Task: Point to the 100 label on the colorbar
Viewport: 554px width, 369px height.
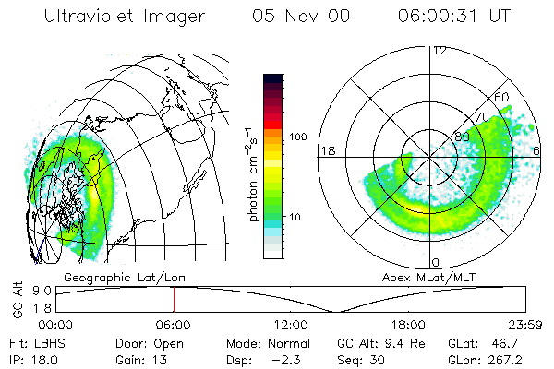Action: [297, 137]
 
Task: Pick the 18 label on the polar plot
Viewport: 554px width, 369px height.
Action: [327, 150]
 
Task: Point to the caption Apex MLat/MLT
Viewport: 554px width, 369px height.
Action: [424, 277]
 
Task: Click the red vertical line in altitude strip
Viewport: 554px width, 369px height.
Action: [174, 299]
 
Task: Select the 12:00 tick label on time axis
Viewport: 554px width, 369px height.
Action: [290, 325]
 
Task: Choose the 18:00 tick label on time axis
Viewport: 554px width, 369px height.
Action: [407, 325]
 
